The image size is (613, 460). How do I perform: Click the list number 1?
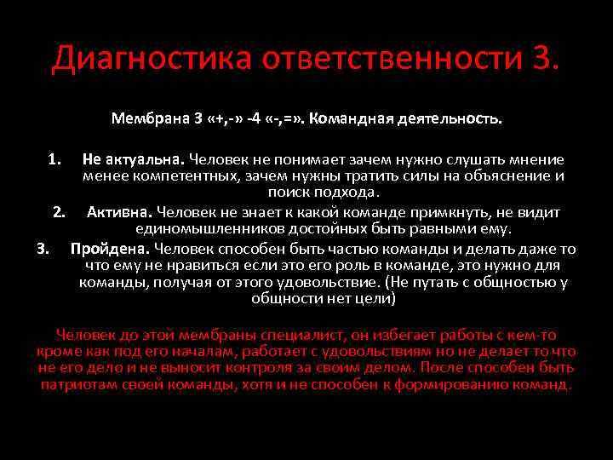54,159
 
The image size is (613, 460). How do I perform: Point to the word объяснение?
502,176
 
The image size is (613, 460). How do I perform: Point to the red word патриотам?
78,384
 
